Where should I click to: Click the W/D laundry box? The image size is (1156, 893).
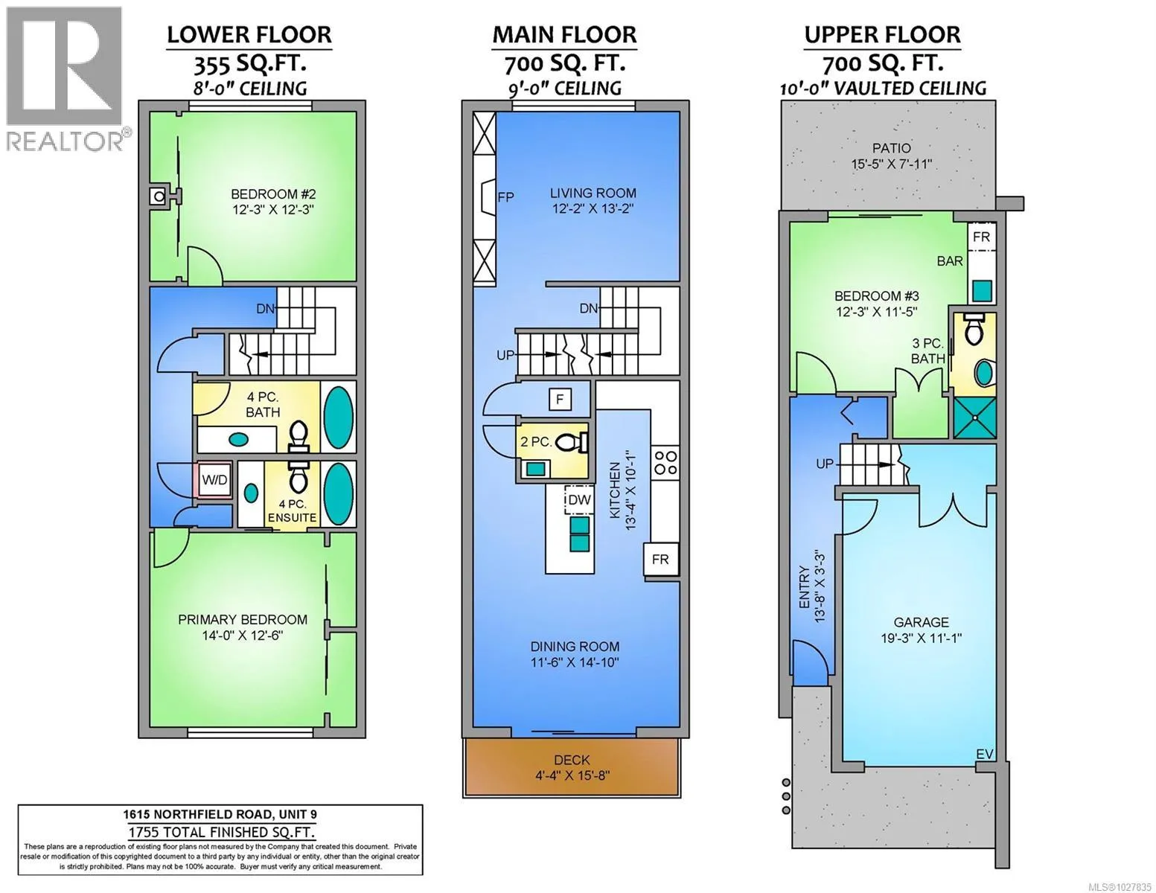pos(214,480)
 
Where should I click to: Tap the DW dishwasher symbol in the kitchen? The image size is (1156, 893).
pos(579,499)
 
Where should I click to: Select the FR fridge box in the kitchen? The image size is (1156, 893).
pos(661,559)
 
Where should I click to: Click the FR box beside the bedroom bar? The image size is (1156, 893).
pos(981,237)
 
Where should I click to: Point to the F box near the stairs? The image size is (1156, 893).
pos(560,399)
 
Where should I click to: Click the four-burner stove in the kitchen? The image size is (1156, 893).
pos(665,462)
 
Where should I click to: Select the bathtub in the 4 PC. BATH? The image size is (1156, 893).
pos(338,417)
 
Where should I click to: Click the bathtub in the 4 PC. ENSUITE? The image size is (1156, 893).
pos(338,493)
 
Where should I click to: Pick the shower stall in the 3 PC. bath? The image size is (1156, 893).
pos(974,417)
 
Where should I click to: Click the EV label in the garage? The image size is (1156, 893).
pos(984,754)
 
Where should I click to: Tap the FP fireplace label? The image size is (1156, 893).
pos(506,197)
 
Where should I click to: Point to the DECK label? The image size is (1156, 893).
pos(572,760)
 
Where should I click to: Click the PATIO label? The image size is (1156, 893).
pos(892,148)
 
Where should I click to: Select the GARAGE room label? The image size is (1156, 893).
pos(921,621)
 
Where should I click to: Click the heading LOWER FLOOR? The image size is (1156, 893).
pos(249,35)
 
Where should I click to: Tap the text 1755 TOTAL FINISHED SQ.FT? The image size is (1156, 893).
pos(221,832)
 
